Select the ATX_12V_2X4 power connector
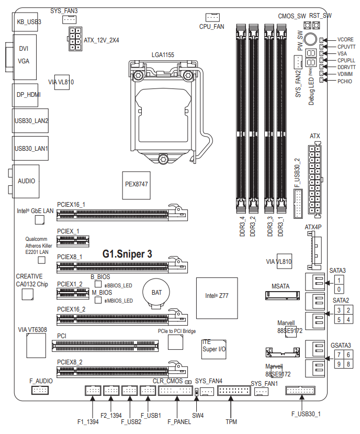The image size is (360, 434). pyautogui.click(x=75, y=39)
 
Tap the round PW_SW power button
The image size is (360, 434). pyautogui.click(x=310, y=39)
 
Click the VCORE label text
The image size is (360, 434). pyautogui.click(x=345, y=39)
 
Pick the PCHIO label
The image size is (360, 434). pyautogui.click(x=345, y=81)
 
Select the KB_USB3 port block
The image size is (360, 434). pyautogui.click(x=25, y=22)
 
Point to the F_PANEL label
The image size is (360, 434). pyautogui.click(x=177, y=421)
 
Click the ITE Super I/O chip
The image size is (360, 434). pyautogui.click(x=213, y=349)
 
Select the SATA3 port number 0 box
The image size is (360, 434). pyautogui.click(x=339, y=290)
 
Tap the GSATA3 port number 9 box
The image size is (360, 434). pyautogui.click(x=339, y=364)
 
